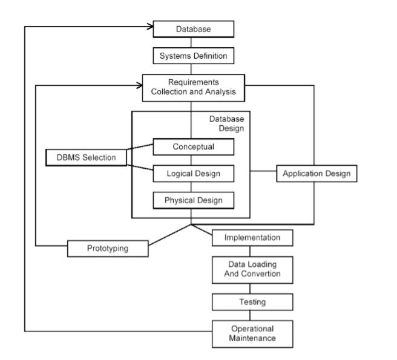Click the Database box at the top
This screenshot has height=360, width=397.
[192, 28]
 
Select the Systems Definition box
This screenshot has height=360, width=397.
[192, 56]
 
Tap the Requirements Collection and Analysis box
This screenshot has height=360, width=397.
[193, 88]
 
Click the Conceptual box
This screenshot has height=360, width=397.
[192, 146]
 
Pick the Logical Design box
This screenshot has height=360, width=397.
[192, 173]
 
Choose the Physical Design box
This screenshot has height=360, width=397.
[192, 200]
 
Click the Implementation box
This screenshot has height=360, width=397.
[252, 238]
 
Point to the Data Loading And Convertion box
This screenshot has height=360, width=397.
[252, 269]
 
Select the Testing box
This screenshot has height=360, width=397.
[252, 301]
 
